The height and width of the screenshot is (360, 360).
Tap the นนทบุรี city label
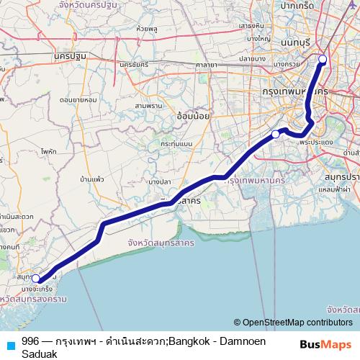click(289, 42)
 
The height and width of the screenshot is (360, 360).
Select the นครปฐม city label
click(68, 55)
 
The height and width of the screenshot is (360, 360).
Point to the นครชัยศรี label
click(135, 64)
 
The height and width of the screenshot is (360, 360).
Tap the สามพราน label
click(147, 106)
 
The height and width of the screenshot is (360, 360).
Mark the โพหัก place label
click(49, 152)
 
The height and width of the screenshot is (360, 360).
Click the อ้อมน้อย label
click(192, 115)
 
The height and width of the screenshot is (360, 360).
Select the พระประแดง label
click(315, 143)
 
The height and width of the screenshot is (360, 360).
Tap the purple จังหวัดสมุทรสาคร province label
click(160, 243)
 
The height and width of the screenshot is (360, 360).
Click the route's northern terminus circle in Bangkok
click(323, 60)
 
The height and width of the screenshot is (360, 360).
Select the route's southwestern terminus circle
click(36, 278)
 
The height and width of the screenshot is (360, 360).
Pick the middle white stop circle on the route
click(275, 134)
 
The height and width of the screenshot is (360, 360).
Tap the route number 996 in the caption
click(30, 341)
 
